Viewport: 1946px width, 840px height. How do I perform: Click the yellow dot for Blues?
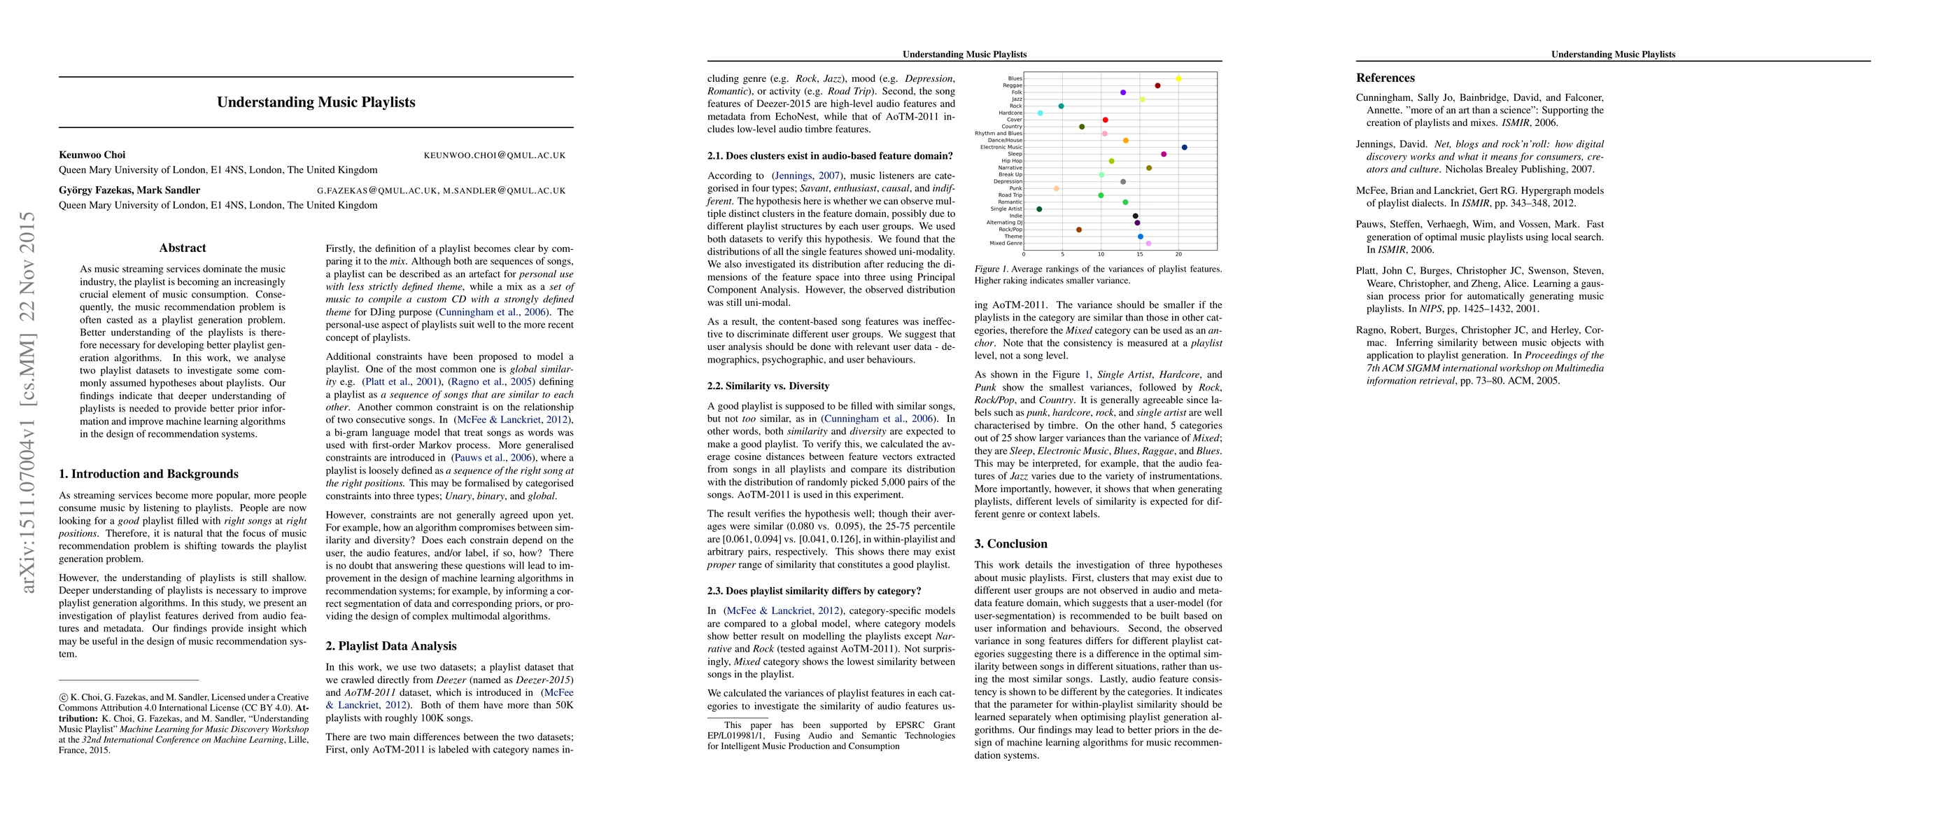pyautogui.click(x=1178, y=78)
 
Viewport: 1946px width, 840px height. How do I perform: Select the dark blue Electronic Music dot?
pyautogui.click(x=1184, y=147)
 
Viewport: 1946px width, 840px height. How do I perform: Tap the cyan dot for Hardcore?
pyautogui.click(x=1041, y=113)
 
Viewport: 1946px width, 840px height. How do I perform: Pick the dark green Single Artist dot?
pyautogui.click(x=1040, y=209)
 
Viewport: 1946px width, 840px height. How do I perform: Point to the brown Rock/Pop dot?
pyautogui.click(x=1079, y=230)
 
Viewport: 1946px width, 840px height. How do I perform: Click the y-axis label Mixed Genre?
pyautogui.click(x=1006, y=243)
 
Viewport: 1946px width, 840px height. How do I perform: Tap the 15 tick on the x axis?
pyautogui.click(x=1139, y=255)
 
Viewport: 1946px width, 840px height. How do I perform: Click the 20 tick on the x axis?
pyautogui.click(x=1178, y=255)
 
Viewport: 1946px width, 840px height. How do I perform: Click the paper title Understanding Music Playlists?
pyautogui.click(x=316, y=102)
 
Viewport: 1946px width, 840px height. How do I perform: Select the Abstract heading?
pyautogui.click(x=183, y=248)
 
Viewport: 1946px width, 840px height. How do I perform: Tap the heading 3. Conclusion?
pyautogui.click(x=1010, y=544)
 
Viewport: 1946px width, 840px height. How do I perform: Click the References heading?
pyautogui.click(x=1386, y=78)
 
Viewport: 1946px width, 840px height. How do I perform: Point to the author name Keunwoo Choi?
pyautogui.click(x=92, y=155)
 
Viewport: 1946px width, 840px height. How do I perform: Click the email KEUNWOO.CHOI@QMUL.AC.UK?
pyautogui.click(x=494, y=155)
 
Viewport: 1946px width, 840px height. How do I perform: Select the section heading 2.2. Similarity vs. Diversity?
pyautogui.click(x=768, y=386)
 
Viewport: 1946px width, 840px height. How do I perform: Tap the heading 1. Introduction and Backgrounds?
pyautogui.click(x=149, y=475)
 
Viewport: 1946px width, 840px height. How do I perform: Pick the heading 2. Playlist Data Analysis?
pyautogui.click(x=391, y=646)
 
